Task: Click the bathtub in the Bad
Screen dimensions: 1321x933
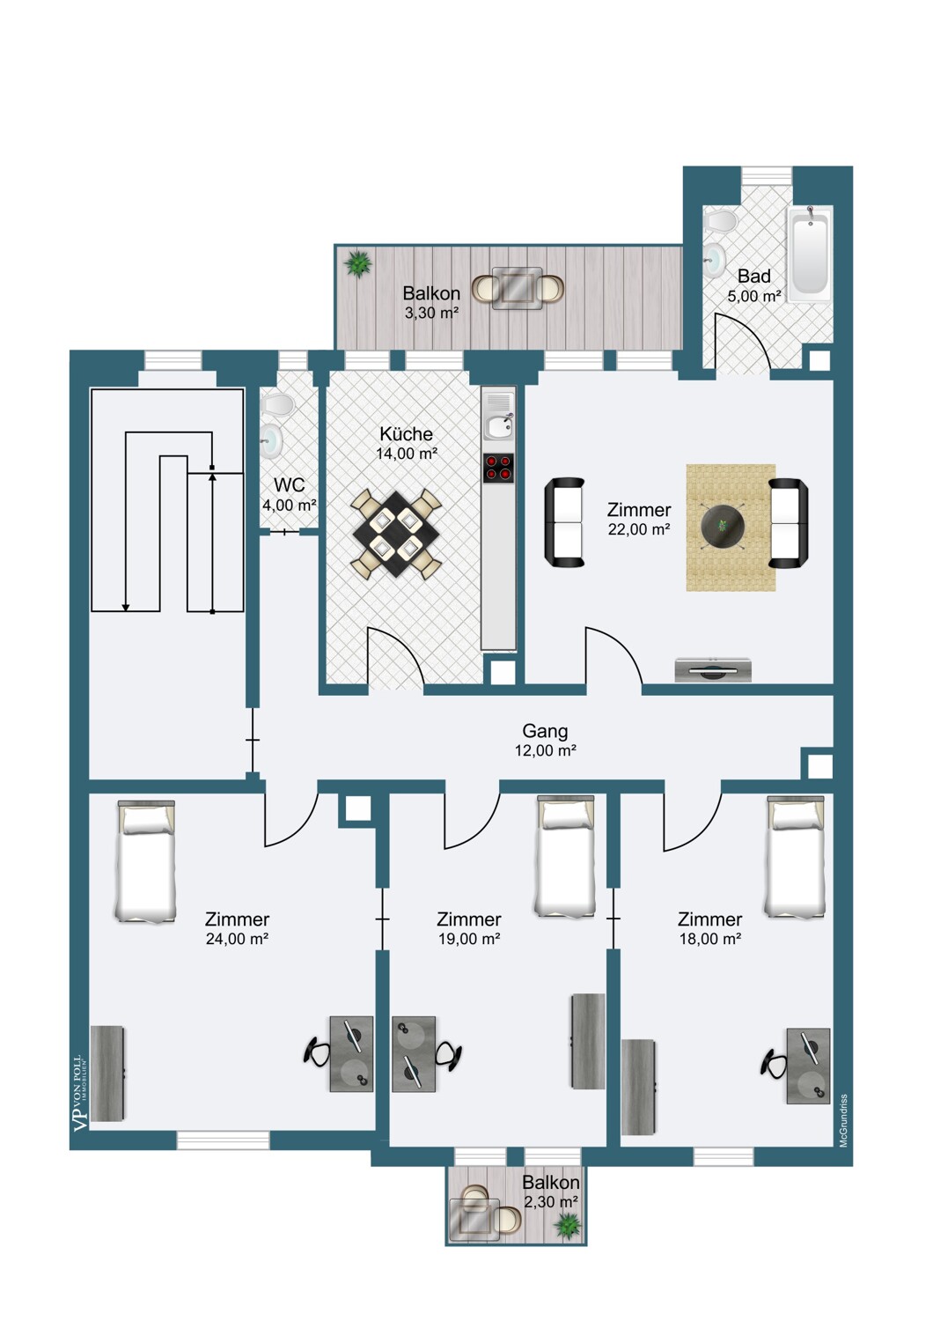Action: point(810,253)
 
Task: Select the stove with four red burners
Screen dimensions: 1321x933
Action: point(498,468)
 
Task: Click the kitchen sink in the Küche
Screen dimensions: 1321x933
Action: point(499,426)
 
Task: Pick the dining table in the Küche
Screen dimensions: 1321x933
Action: point(395,534)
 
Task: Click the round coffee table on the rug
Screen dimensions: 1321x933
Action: point(723,527)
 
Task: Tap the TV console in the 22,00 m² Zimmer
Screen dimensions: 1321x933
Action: point(713,670)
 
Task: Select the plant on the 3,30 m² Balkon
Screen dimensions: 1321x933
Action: point(358,263)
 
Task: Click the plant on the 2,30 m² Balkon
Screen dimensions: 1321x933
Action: point(568,1224)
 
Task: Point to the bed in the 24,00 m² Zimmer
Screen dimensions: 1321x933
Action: point(146,861)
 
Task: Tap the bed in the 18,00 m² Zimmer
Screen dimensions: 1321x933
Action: point(796,857)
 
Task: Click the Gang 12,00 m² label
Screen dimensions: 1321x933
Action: point(545,740)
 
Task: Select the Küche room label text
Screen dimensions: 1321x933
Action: point(406,434)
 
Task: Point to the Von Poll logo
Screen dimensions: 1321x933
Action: point(80,1092)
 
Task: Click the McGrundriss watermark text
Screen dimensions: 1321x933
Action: point(843,1120)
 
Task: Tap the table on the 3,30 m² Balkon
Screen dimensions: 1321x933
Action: point(518,288)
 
